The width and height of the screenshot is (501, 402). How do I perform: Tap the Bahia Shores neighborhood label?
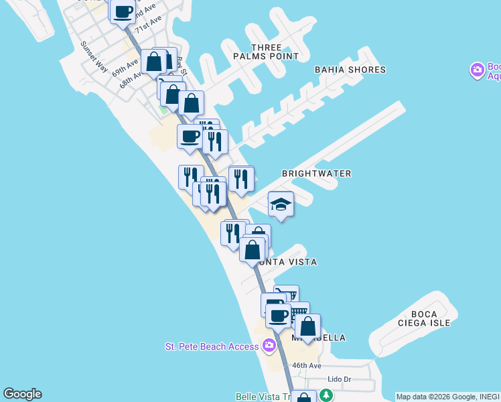pyautogui.click(x=350, y=70)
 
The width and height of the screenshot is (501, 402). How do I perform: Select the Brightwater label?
pyautogui.click(x=316, y=174)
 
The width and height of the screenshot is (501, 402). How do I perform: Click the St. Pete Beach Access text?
pyautogui.click(x=212, y=346)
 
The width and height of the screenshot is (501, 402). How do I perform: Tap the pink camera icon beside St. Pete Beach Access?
pyautogui.click(x=269, y=346)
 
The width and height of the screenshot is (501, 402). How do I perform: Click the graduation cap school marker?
pyautogui.click(x=281, y=204)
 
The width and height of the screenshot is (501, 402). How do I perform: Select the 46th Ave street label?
pyautogui.click(x=307, y=366)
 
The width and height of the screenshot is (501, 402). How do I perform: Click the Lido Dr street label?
pyautogui.click(x=339, y=379)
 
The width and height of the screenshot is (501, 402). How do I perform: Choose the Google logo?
pyautogui.click(x=22, y=394)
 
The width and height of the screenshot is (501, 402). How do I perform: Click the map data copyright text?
pyautogui.click(x=447, y=397)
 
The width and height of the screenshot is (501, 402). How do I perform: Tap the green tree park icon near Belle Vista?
pyautogui.click(x=326, y=396)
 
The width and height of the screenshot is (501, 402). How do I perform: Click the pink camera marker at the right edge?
pyautogui.click(x=477, y=70)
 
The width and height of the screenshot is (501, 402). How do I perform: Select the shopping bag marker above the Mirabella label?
pyautogui.click(x=307, y=327)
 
